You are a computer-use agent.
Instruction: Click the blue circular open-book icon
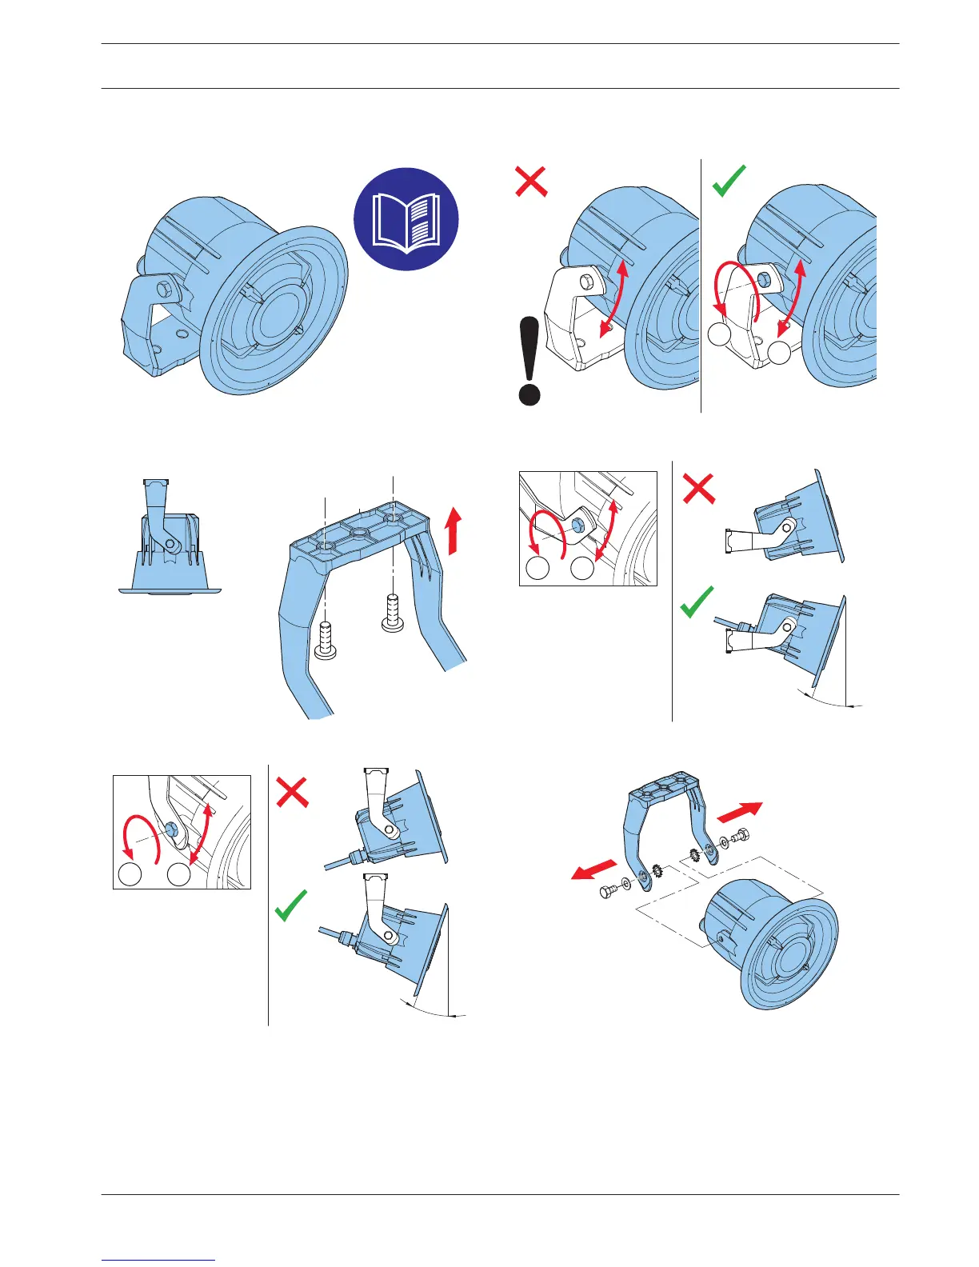coord(406,219)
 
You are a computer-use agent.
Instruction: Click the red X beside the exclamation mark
coord(531,182)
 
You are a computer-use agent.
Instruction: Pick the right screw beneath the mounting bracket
coord(393,614)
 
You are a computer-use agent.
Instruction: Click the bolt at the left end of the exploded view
coord(609,891)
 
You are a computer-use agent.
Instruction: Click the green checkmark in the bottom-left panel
coord(290,906)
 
